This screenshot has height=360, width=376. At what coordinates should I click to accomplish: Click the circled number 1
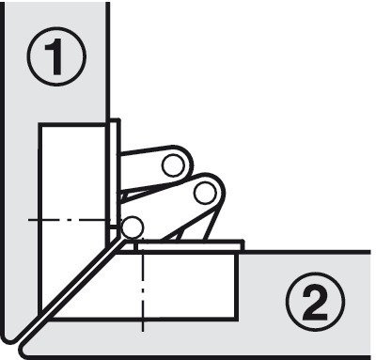(56, 56)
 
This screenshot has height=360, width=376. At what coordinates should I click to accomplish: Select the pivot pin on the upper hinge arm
(173, 165)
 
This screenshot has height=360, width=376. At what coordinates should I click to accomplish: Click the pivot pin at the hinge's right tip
(205, 194)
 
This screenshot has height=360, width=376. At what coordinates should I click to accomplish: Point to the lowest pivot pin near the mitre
(133, 227)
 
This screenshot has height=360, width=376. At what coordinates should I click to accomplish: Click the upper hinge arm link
(155, 168)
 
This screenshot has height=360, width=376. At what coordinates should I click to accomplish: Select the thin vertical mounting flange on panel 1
(115, 179)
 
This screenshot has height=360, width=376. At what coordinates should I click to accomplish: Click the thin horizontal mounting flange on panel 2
(188, 246)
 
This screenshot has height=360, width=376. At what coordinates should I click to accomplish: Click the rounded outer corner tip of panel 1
(8, 339)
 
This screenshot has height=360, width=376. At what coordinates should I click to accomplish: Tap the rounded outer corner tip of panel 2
(26, 352)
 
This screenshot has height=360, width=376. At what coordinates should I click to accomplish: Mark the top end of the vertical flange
(115, 118)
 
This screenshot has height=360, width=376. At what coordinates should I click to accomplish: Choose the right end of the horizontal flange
(243, 246)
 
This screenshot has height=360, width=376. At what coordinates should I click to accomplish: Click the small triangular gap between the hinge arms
(126, 197)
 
